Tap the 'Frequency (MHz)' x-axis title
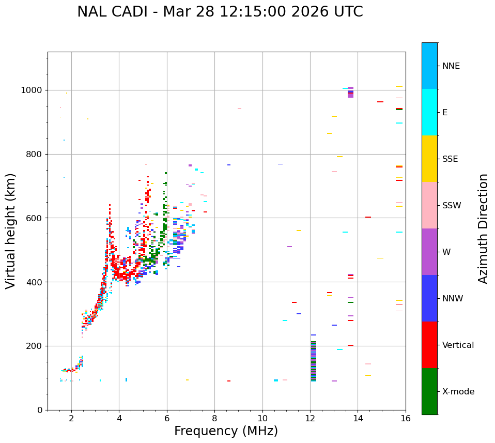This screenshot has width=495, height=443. coord(226,431)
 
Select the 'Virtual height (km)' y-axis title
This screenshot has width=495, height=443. coord(11,231)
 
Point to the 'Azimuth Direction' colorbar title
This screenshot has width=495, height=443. coord(483,228)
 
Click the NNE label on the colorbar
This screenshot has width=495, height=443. coord(451,66)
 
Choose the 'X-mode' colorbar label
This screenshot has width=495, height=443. coord(458,392)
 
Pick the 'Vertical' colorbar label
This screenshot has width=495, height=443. coord(458,345)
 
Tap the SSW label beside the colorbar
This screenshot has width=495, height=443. coord(452,206)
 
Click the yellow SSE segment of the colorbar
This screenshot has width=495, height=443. coord(429,159)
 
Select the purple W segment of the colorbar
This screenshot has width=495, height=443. coord(429,252)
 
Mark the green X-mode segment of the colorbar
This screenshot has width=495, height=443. coord(429,391)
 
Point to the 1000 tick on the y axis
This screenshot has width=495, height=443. coord(32,90)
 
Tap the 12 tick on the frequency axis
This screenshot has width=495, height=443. coord(310,418)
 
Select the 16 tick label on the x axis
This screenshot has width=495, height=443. coord(406,418)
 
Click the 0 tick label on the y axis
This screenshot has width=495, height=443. coord(39,410)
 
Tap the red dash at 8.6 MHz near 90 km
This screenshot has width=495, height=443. coord(229,381)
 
